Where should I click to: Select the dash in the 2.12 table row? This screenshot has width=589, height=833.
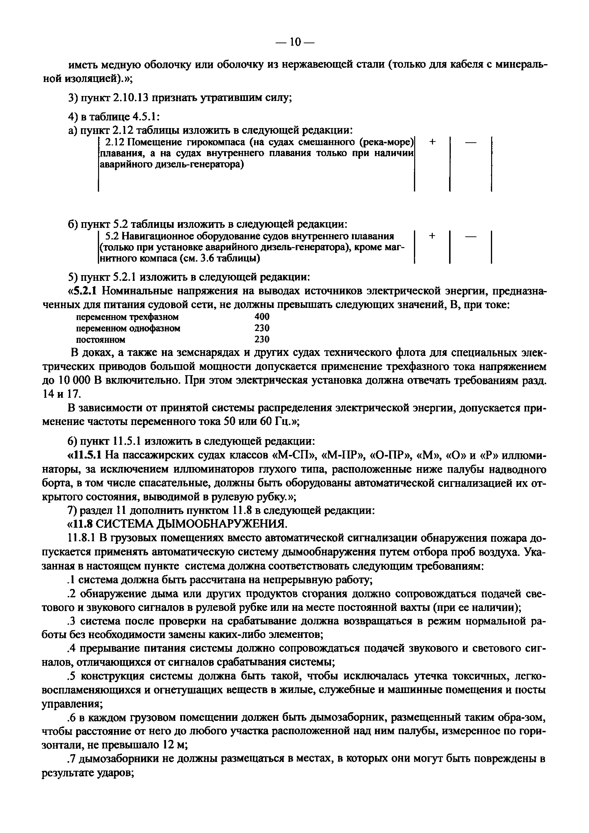tap(470, 143)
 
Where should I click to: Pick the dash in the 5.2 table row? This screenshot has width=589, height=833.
tap(470, 236)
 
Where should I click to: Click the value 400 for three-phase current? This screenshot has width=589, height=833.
tap(262, 317)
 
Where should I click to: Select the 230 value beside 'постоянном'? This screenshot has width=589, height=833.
tap(262, 339)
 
